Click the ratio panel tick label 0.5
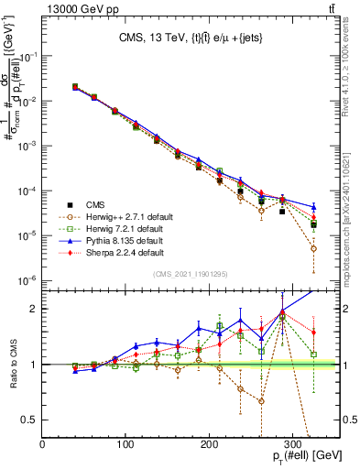pos(29,420)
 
